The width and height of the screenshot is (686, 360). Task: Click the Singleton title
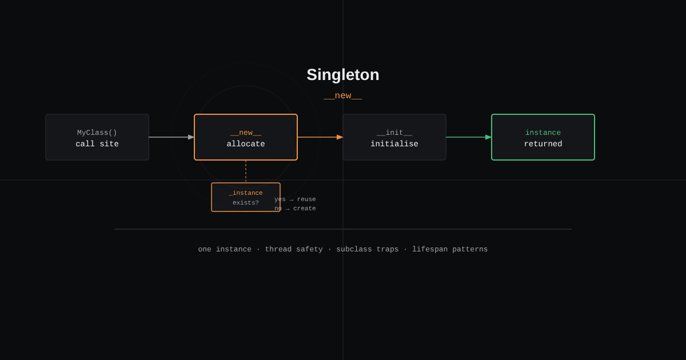(x=342, y=75)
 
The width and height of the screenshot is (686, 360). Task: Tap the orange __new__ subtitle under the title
(x=343, y=96)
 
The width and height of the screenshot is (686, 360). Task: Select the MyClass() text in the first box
(x=97, y=133)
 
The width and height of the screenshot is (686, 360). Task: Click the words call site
(x=97, y=144)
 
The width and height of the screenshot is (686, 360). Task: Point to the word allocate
(x=246, y=144)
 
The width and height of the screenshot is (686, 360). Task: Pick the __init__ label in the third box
(x=394, y=133)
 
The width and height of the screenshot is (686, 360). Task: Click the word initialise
(x=394, y=144)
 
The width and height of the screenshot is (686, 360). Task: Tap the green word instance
(x=543, y=133)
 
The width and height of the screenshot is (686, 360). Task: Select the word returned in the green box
(x=543, y=144)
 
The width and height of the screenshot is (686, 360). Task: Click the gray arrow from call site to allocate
(x=171, y=137)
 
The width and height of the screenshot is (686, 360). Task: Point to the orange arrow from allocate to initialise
(x=320, y=137)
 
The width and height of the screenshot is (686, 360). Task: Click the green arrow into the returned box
(x=469, y=137)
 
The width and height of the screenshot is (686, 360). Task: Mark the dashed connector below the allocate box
(x=246, y=171)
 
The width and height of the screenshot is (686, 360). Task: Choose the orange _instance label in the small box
(x=246, y=193)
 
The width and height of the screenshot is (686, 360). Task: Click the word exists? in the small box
(x=246, y=203)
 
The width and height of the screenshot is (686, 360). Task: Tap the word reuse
(x=306, y=199)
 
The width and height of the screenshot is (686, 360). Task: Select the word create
(x=304, y=209)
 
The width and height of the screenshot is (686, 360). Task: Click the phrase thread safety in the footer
(x=294, y=250)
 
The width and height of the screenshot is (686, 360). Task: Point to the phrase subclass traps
(x=368, y=250)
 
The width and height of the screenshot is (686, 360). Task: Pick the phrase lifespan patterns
(x=450, y=250)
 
